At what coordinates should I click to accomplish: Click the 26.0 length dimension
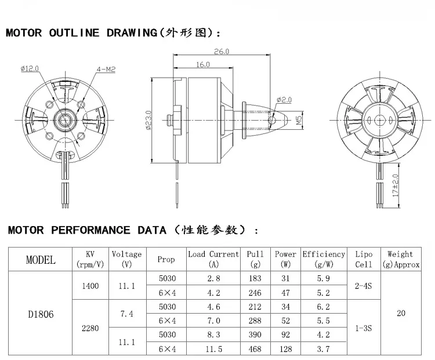click(222, 52)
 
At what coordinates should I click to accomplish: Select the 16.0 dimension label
click(203, 64)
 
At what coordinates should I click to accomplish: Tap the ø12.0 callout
click(30, 69)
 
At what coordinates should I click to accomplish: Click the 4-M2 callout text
click(106, 70)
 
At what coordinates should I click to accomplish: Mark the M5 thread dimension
click(299, 121)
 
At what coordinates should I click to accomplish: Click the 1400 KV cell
click(90, 286)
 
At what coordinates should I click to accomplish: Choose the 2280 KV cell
click(90, 328)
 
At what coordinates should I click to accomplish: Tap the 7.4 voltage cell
click(126, 314)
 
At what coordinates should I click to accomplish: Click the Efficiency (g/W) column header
click(324, 259)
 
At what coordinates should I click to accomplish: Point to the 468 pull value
click(255, 349)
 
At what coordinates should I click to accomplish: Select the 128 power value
click(285, 349)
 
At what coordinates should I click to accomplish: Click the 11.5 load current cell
click(213, 349)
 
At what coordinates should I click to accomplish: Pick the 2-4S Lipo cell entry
click(364, 286)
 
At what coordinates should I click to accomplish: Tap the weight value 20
click(400, 314)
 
